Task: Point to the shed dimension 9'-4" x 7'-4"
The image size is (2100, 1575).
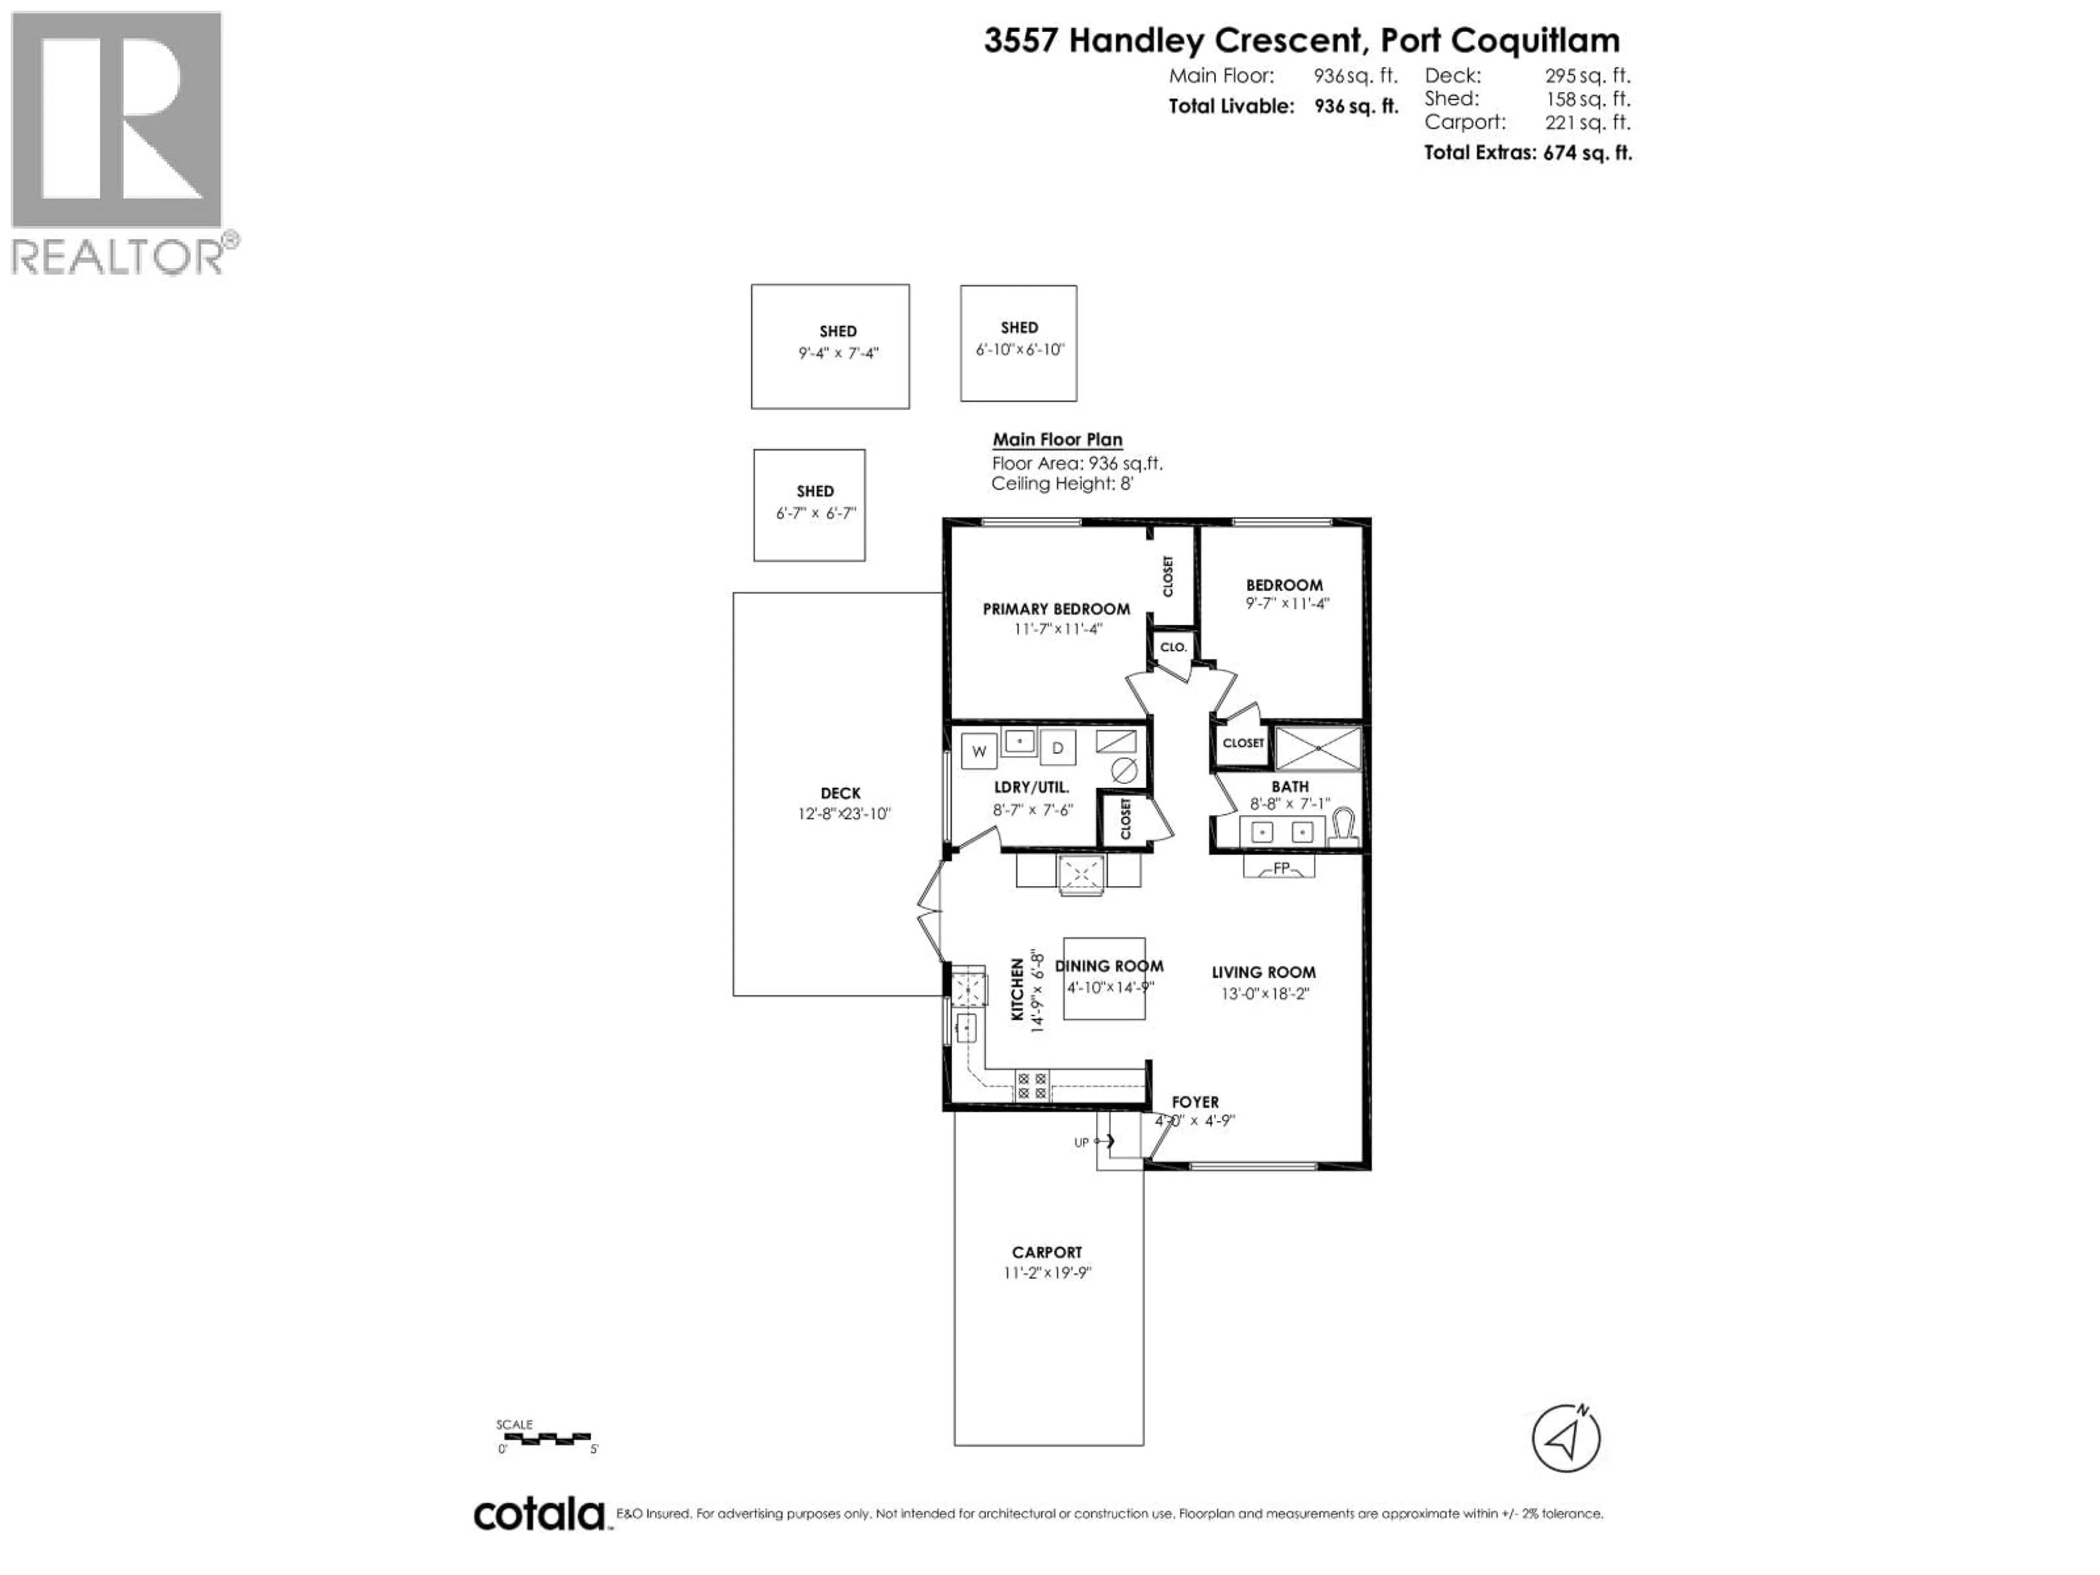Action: pos(838,353)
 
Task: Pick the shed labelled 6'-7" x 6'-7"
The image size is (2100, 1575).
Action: pos(809,505)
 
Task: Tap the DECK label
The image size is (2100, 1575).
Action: pos(840,794)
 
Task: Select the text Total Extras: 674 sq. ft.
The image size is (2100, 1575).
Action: pos(1527,153)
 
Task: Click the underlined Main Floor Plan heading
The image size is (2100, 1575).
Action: pos(1057,440)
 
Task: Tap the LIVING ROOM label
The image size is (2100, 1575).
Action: pos(1263,972)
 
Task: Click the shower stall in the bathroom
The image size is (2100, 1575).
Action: pos(1318,749)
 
